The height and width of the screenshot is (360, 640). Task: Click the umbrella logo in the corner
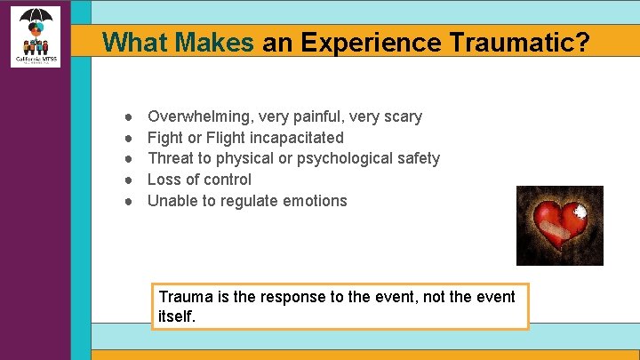point(36,36)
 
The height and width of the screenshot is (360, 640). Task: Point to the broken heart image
point(559,226)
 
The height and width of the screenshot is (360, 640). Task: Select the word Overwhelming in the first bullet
point(198,116)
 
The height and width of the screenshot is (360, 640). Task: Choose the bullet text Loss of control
point(199,180)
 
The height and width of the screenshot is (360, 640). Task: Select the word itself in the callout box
point(176,316)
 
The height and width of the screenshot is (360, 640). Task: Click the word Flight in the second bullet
point(229,138)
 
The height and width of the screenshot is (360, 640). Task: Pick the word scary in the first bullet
point(402,116)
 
